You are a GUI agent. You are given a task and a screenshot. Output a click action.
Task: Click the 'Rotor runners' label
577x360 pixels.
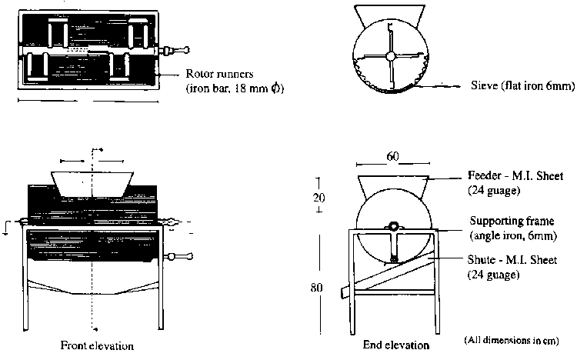tap(217, 75)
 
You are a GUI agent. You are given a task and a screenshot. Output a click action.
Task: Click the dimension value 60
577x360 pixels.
tap(392, 157)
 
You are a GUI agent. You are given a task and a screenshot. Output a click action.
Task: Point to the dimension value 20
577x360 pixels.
tap(319, 197)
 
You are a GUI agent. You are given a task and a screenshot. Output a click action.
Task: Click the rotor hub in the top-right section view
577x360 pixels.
tap(392, 55)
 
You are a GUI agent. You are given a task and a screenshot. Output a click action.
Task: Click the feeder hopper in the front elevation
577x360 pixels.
tap(92, 182)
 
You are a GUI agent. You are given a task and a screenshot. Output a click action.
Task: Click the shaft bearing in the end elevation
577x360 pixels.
tap(392, 227)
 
